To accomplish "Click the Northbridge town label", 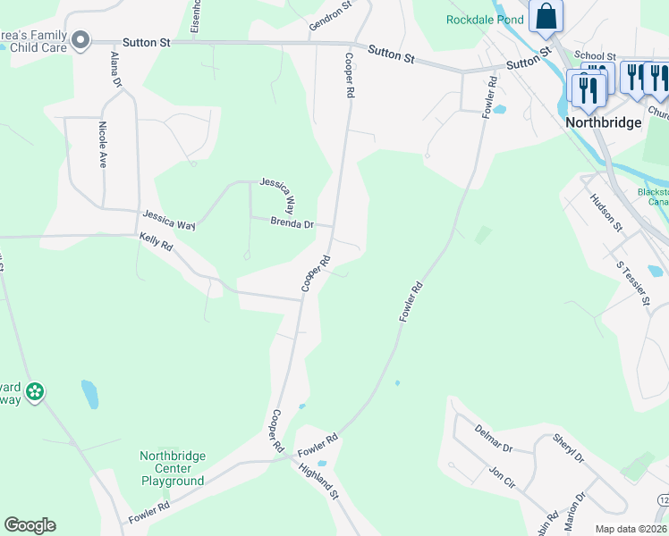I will pyautogui.click(x=604, y=122).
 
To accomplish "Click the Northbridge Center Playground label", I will pyautogui.click(x=173, y=468).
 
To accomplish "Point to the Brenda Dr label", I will pyautogui.click(x=292, y=224).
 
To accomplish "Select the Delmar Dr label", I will pyautogui.click(x=494, y=438).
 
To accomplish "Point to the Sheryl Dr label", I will pyautogui.click(x=568, y=448).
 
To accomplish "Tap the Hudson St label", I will pyautogui.click(x=606, y=214).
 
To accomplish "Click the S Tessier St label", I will pyautogui.click(x=632, y=284).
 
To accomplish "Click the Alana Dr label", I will pyautogui.click(x=115, y=69).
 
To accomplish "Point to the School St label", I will pyautogui.click(x=596, y=55).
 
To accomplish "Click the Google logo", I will pyautogui.click(x=30, y=525).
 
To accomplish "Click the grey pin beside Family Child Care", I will pyautogui.click(x=81, y=40).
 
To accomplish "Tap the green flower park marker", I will pyautogui.click(x=35, y=391).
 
